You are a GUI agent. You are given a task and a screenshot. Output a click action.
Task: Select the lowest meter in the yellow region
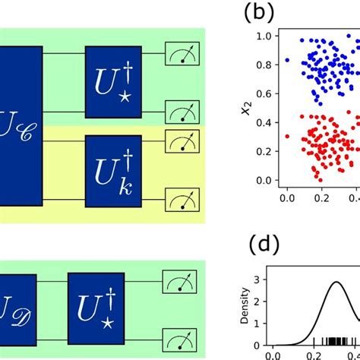[179, 201]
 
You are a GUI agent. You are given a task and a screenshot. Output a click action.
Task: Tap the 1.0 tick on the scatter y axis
[263, 36]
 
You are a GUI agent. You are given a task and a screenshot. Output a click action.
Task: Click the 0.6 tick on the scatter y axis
[263, 94]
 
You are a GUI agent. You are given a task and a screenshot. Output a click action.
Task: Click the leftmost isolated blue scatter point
[287, 59]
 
